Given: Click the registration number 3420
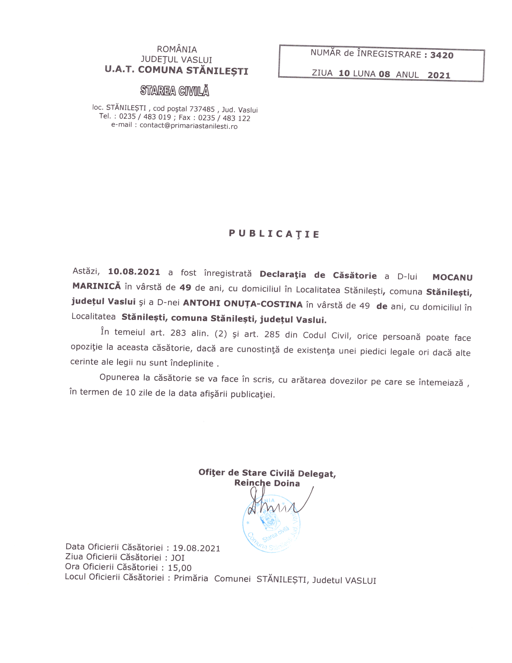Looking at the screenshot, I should click(442, 55).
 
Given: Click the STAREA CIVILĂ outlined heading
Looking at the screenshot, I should click(175, 91).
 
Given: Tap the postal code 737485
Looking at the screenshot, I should click(202, 109).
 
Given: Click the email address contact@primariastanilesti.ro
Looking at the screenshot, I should click(188, 126).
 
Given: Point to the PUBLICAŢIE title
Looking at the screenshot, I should click(274, 234).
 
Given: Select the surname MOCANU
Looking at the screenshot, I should click(452, 277).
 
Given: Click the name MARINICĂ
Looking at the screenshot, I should click(96, 286).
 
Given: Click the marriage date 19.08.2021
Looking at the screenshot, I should click(196, 548).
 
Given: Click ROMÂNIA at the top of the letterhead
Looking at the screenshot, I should click(177, 49).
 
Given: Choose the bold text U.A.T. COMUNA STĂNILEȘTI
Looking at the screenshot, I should click(176, 71).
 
